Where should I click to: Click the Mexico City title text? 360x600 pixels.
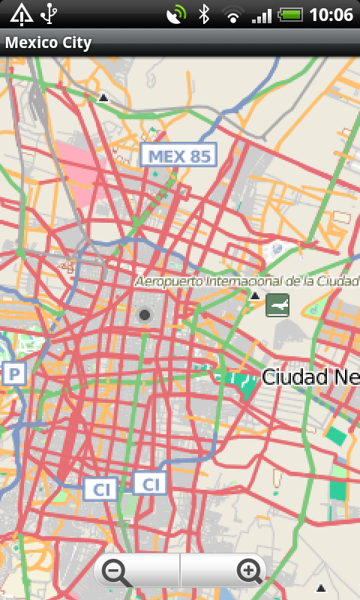[49, 43]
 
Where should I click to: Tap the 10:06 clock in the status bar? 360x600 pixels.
[331, 14]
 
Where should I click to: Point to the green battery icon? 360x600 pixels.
[289, 14]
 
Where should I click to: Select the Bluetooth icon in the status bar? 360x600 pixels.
[203, 14]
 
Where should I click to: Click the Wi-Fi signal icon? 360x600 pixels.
[233, 15]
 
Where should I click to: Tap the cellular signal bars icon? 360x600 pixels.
[261, 15]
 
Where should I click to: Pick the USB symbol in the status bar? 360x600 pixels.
[49, 13]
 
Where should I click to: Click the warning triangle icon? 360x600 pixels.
[21, 13]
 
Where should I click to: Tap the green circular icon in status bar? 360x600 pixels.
[177, 14]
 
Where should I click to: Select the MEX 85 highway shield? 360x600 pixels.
[178, 155]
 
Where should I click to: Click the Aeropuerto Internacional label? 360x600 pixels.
[247, 281]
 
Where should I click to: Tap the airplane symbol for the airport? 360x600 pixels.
[277, 305]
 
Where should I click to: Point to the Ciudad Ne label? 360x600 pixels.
[307, 376]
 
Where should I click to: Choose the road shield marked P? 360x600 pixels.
[14, 373]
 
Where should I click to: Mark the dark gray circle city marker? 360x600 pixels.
[145, 315]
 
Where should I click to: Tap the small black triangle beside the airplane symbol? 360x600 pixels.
[255, 297]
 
